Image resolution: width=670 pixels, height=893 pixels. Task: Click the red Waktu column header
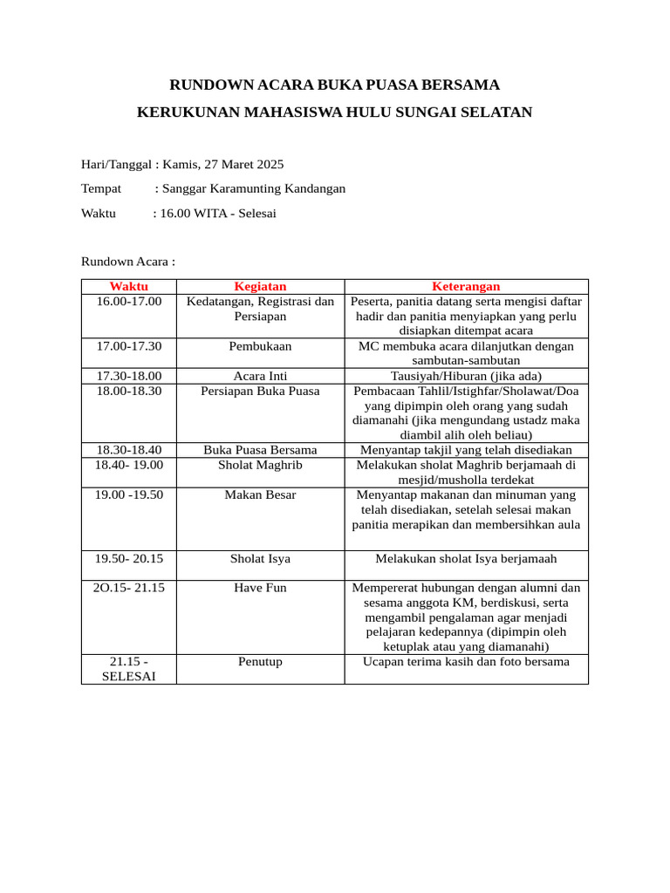point(128,286)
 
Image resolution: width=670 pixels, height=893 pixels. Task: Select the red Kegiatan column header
point(260,286)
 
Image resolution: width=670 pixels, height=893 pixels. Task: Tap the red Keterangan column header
point(466,286)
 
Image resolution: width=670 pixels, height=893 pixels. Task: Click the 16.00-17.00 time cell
point(128,302)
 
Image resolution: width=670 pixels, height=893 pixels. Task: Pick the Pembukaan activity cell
point(260,346)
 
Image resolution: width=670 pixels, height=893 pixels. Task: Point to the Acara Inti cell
point(260,376)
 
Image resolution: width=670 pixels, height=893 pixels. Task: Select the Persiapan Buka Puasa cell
point(260,391)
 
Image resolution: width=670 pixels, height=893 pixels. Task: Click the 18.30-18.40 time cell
point(128,450)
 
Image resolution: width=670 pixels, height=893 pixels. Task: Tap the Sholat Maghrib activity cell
point(260,465)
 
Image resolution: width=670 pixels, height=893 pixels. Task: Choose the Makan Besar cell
point(260,494)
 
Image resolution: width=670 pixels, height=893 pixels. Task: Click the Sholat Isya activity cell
point(260,559)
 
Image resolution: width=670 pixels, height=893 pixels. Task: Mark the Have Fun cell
point(260,588)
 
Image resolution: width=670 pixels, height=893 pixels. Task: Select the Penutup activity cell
point(260,662)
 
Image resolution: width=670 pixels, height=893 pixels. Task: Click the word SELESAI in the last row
point(128,677)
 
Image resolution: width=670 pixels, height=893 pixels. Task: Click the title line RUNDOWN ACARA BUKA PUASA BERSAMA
point(334,85)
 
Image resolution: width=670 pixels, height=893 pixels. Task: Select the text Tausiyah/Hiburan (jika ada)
point(466,376)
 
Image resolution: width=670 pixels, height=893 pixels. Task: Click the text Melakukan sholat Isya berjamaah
point(466,559)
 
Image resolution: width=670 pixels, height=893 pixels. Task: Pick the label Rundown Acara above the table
point(128,261)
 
